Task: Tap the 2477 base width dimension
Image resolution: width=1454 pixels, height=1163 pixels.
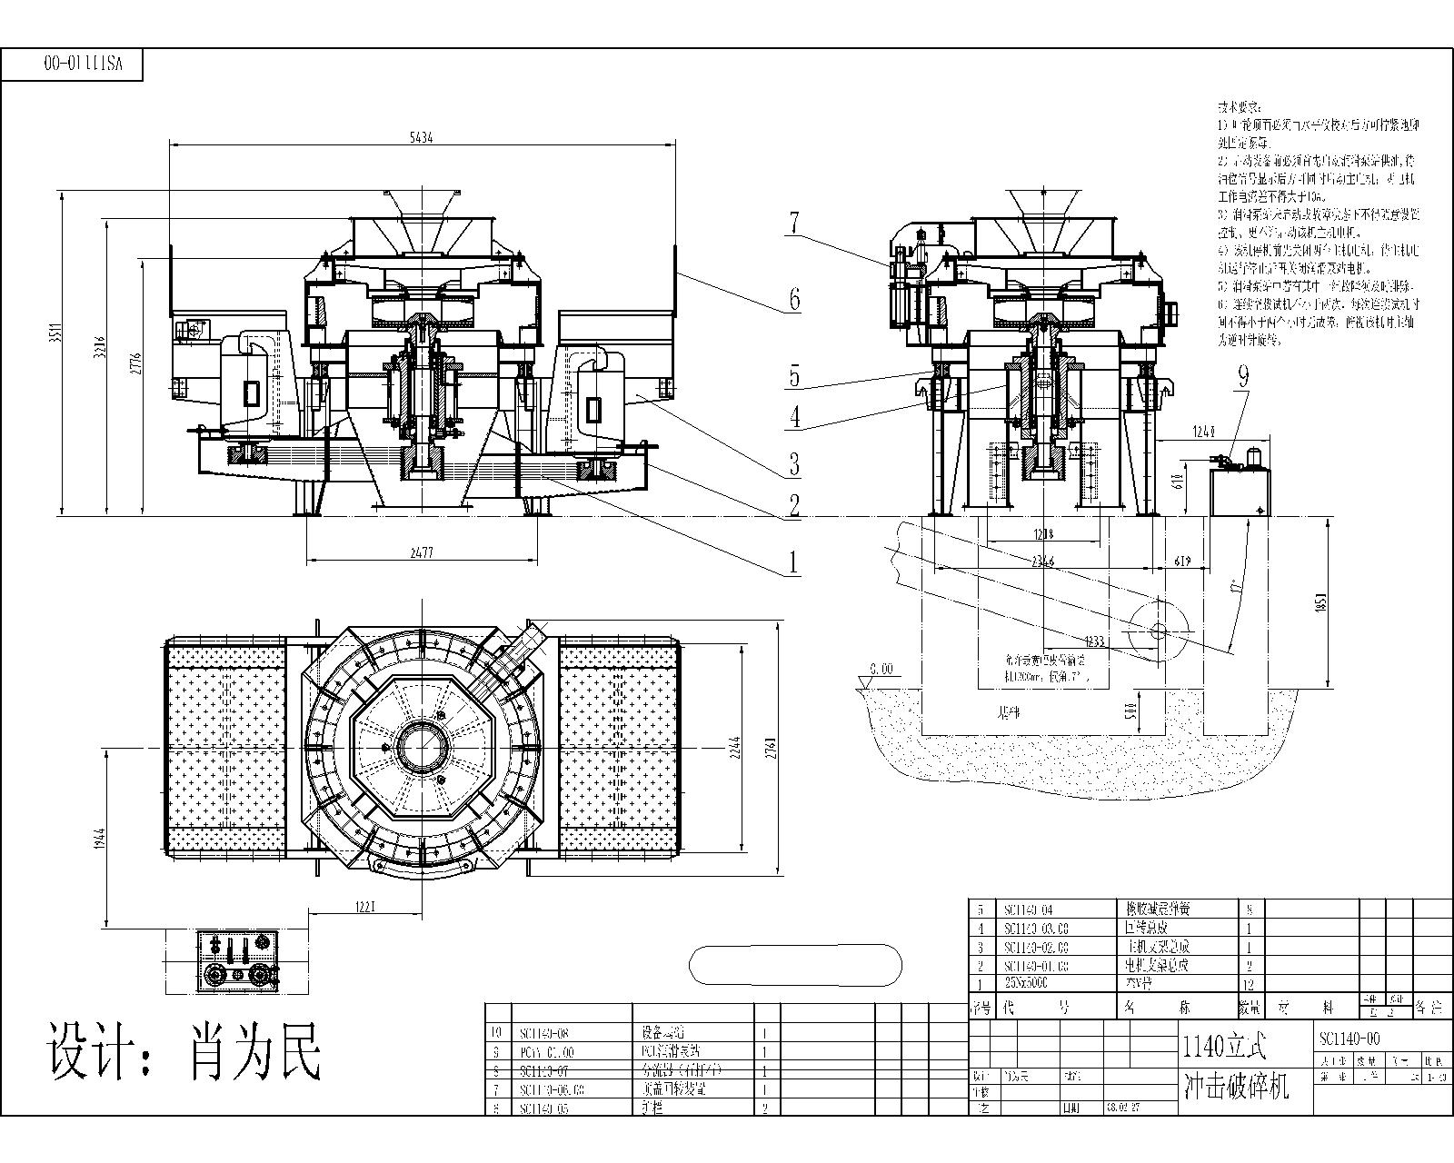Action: click(421, 552)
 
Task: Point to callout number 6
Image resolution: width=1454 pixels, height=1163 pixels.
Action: click(794, 299)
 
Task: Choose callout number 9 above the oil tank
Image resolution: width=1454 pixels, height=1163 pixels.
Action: click(1242, 376)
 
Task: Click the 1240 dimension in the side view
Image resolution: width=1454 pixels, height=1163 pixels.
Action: click(1202, 431)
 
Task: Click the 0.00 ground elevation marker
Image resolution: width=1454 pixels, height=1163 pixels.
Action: click(881, 669)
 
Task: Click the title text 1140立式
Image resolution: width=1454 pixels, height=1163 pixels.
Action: click(1225, 1047)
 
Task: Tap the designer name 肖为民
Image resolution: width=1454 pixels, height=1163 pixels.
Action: click(255, 1052)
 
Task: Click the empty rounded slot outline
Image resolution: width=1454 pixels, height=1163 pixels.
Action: click(796, 964)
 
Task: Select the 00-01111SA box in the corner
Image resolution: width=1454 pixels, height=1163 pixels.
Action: click(83, 64)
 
